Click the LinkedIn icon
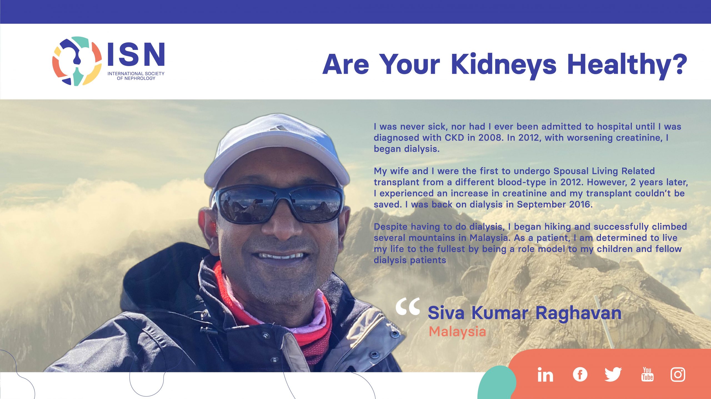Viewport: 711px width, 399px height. [x=545, y=375]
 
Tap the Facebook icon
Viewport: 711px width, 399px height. [x=580, y=374]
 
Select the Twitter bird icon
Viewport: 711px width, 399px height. [x=613, y=374]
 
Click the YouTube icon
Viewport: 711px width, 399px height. [x=647, y=374]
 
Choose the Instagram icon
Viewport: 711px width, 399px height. [x=678, y=374]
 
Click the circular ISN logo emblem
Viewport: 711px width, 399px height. [x=77, y=61]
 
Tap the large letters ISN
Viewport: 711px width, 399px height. [x=136, y=54]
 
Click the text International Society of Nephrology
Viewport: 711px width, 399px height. [x=136, y=76]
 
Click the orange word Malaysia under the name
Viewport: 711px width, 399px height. [x=457, y=331]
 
